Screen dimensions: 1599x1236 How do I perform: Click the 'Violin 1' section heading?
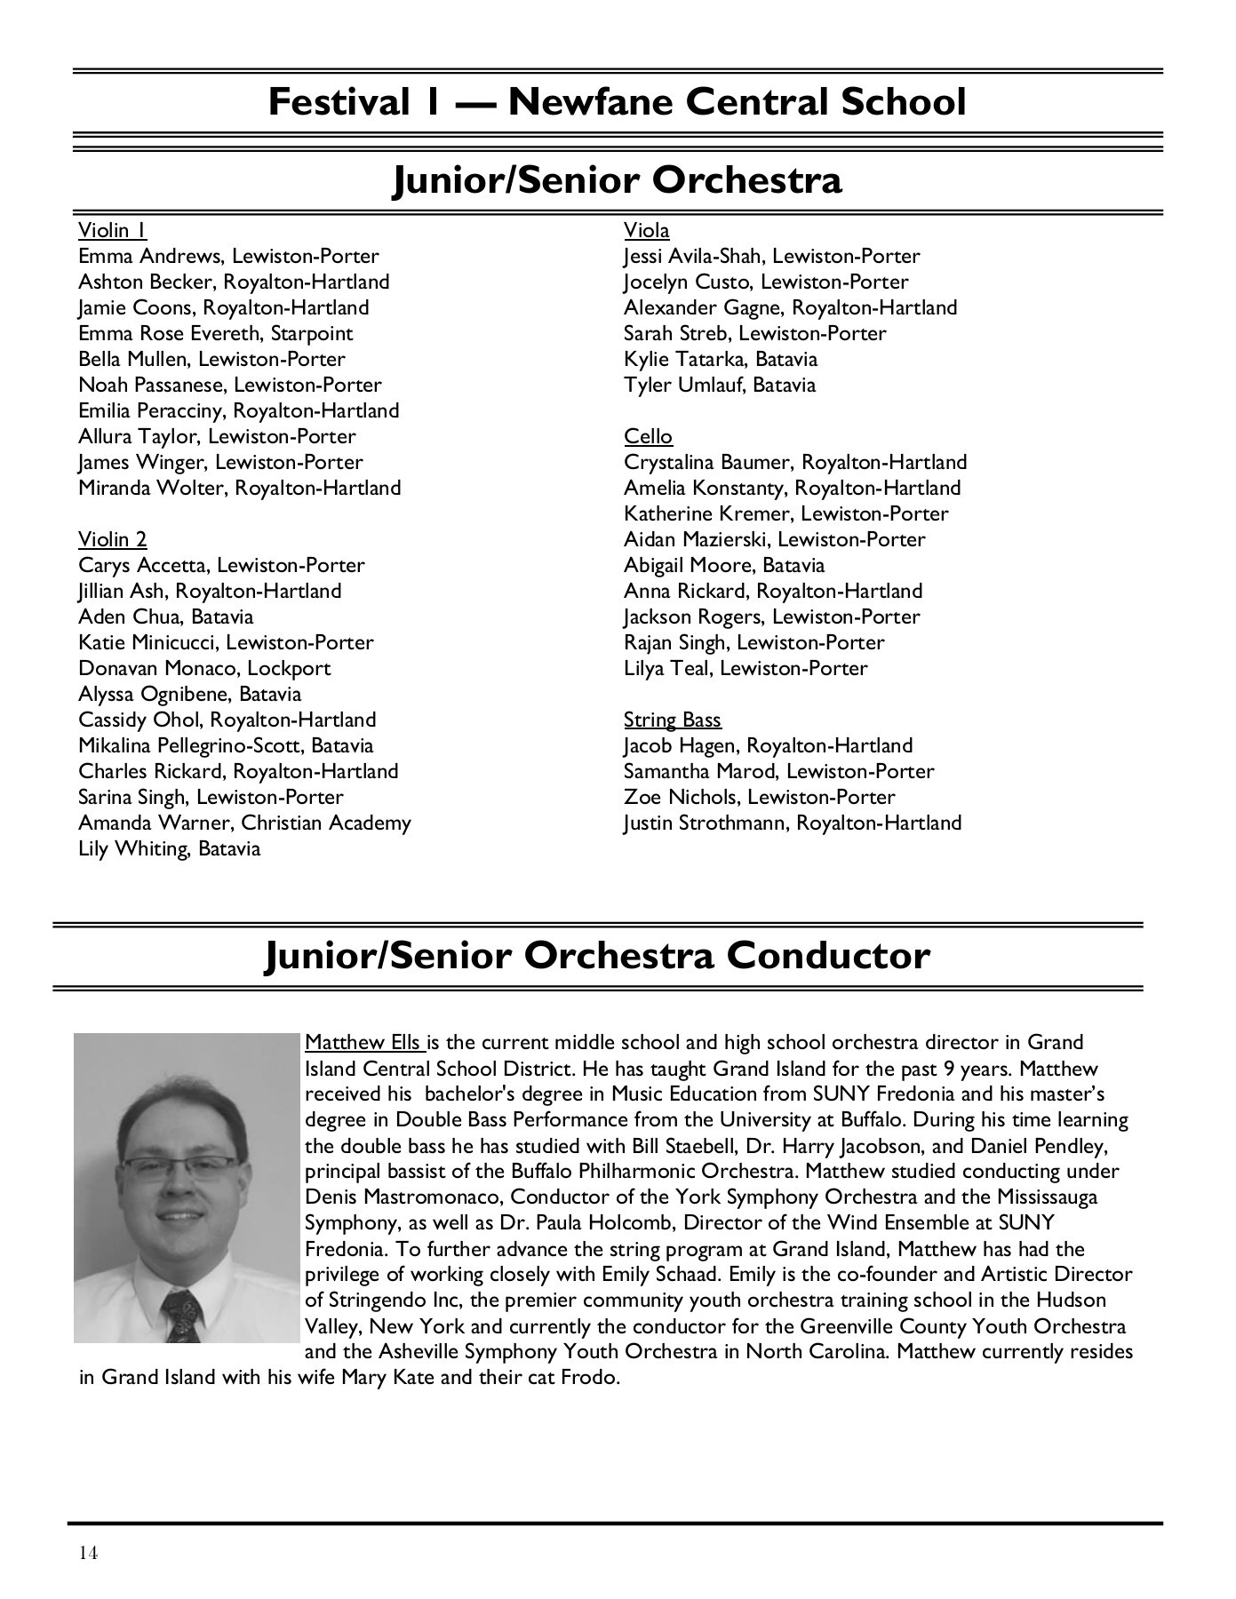[x=112, y=231]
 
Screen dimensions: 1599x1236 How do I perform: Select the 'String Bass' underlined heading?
[x=672, y=720]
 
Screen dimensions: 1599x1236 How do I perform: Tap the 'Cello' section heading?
[x=648, y=437]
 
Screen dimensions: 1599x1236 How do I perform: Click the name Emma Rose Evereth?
[x=171, y=334]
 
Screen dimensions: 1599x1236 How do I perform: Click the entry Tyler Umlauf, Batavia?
[x=719, y=386]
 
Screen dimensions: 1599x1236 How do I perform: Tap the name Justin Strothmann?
[x=706, y=823]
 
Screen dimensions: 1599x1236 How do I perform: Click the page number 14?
[x=88, y=1552]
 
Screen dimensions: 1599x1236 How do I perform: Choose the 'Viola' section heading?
[x=646, y=231]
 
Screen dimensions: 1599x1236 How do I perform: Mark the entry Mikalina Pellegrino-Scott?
[x=226, y=746]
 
